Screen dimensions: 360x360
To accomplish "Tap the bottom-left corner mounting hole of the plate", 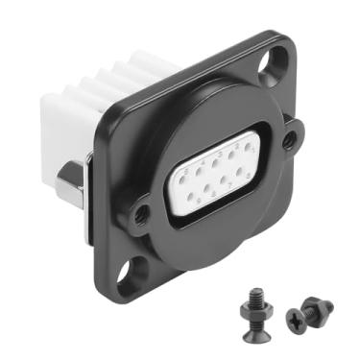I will click(126, 279).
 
